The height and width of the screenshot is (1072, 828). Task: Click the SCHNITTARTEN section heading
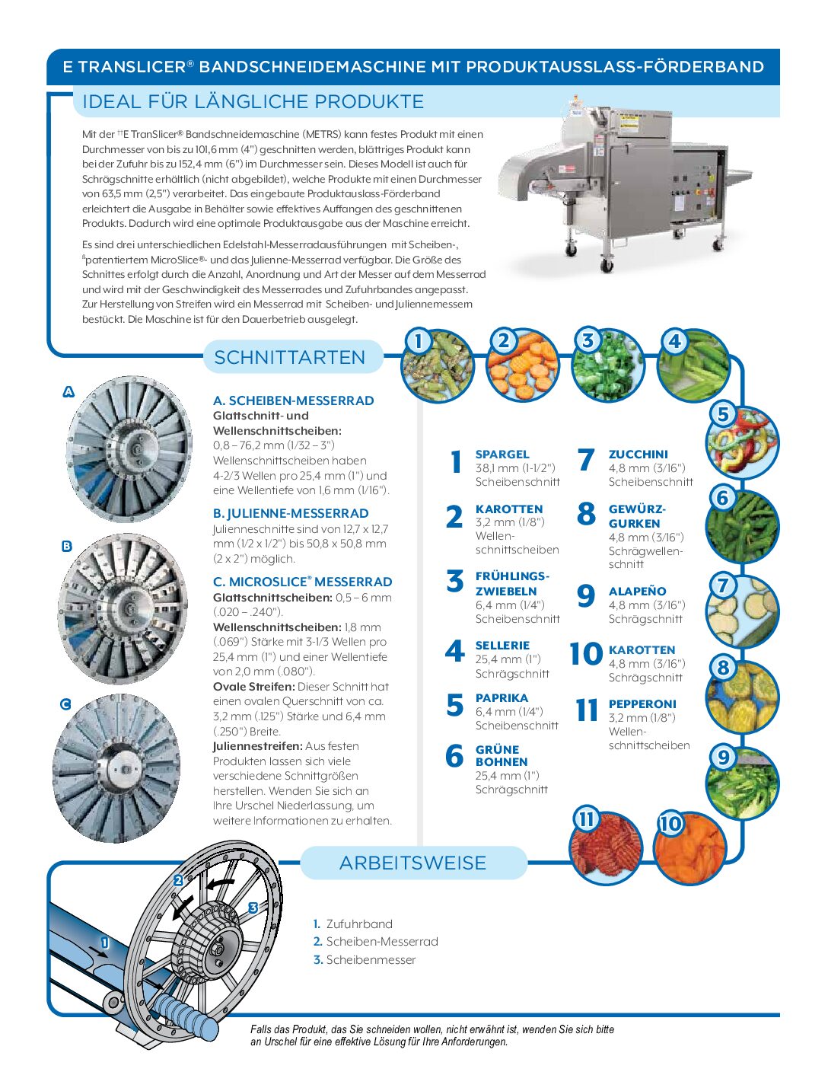coord(290,357)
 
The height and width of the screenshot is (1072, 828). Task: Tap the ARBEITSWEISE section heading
coord(412,863)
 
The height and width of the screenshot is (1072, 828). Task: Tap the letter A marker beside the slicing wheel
coord(68,392)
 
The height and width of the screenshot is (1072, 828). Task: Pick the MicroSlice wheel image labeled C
coord(116,769)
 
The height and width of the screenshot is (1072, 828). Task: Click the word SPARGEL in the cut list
coord(502,454)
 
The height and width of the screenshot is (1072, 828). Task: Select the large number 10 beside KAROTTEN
coord(585,654)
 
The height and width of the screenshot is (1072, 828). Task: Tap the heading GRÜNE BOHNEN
coord(501,755)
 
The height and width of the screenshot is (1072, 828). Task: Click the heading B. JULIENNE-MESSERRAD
coord(291,513)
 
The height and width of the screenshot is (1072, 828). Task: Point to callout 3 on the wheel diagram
coord(253,908)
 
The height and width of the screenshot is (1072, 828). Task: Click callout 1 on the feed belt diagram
coord(105,943)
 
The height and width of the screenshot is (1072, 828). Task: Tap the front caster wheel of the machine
coord(607,264)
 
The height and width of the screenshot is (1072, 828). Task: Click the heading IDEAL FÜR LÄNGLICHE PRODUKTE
coord(253,101)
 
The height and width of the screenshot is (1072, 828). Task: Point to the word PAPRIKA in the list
coord(502,697)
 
